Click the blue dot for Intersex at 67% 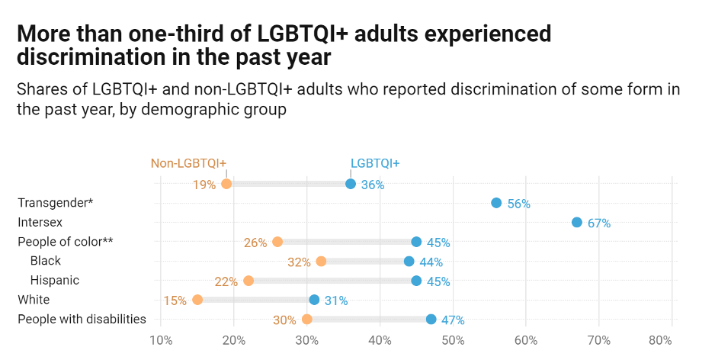[x=577, y=222]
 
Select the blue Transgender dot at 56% [x=496, y=203]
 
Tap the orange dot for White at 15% [x=197, y=300]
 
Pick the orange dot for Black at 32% [x=321, y=262]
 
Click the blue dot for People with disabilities [x=431, y=320]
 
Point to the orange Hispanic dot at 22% [x=248, y=281]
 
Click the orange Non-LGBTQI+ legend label [x=188, y=162]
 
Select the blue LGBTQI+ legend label [x=375, y=162]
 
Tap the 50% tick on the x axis [x=453, y=339]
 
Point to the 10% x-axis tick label [x=161, y=339]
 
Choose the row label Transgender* [x=55, y=203]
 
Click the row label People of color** [x=65, y=242]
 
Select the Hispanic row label [x=55, y=281]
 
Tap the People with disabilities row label [x=82, y=319]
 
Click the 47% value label [x=453, y=320]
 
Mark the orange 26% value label [x=255, y=243]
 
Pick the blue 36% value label [x=373, y=185]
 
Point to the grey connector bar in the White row [x=255, y=300]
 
